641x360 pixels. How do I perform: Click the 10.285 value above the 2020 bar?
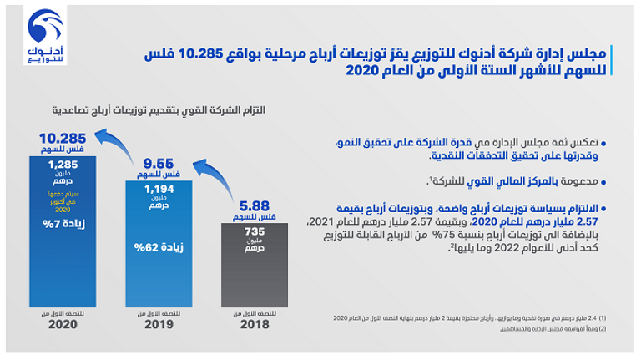point(62,138)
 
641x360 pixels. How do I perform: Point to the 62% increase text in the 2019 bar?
point(156,246)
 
